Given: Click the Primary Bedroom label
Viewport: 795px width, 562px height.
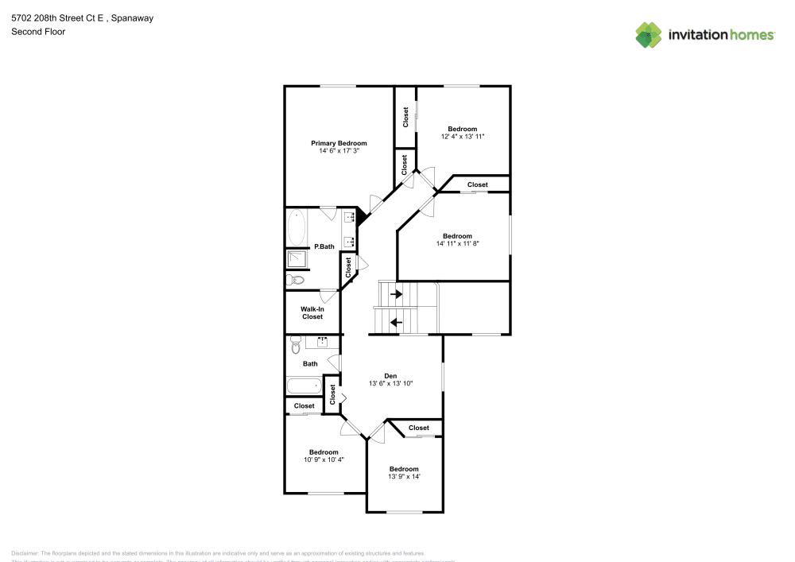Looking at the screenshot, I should [x=339, y=143].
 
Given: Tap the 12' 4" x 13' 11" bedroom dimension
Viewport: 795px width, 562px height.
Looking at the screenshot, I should [x=463, y=137].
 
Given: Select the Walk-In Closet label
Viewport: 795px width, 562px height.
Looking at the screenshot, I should [x=312, y=312].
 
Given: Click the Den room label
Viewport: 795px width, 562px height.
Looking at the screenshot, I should [x=390, y=376].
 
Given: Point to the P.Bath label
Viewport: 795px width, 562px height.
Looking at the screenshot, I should [x=324, y=246].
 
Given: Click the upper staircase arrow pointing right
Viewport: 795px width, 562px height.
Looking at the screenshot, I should [x=396, y=294].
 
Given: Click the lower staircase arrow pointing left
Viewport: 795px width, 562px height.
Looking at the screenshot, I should [x=396, y=322].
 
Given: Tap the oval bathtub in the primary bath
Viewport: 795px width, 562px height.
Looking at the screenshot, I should [x=297, y=228].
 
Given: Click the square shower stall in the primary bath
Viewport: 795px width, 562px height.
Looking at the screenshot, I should [x=297, y=259].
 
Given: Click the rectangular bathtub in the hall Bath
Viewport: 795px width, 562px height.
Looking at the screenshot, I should [x=304, y=389].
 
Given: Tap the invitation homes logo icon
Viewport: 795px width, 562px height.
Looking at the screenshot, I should [x=649, y=35].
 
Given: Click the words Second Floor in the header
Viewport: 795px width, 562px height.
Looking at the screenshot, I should [x=38, y=32].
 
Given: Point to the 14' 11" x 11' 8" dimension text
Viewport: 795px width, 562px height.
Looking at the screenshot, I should [x=457, y=244].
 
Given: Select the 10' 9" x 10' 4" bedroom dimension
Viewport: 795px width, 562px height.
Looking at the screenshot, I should [x=324, y=459].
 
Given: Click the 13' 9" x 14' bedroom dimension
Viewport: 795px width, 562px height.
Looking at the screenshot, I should [x=404, y=476].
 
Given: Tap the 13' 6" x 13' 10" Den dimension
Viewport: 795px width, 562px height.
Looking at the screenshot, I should [x=390, y=384].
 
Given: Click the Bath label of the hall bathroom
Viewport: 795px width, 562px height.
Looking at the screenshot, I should [x=310, y=364].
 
